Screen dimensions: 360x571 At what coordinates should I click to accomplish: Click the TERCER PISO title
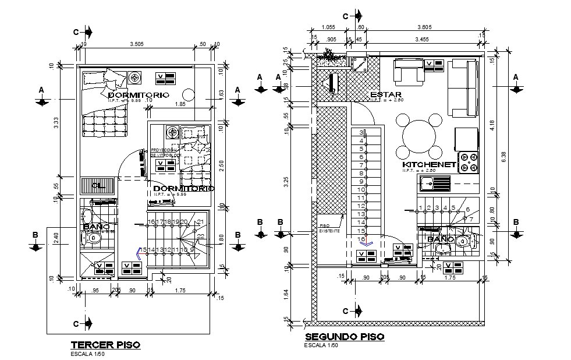(105, 345)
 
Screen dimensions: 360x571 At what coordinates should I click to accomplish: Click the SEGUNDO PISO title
(344, 337)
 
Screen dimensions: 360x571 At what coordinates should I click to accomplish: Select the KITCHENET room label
(430, 165)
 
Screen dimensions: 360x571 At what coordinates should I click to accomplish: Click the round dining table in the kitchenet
(419, 136)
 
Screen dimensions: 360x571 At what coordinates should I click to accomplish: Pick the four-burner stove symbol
(469, 162)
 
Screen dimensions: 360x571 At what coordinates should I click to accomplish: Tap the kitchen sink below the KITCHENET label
(434, 185)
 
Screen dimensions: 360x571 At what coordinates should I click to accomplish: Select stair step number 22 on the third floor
(200, 236)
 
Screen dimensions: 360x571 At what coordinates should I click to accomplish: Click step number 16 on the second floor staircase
(361, 239)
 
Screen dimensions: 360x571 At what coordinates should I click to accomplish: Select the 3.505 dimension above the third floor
(136, 44)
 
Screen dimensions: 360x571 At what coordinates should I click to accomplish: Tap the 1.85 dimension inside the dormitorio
(181, 104)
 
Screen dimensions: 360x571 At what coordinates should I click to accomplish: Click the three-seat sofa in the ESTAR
(465, 87)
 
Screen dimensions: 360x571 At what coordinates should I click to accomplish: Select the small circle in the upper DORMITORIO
(189, 95)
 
